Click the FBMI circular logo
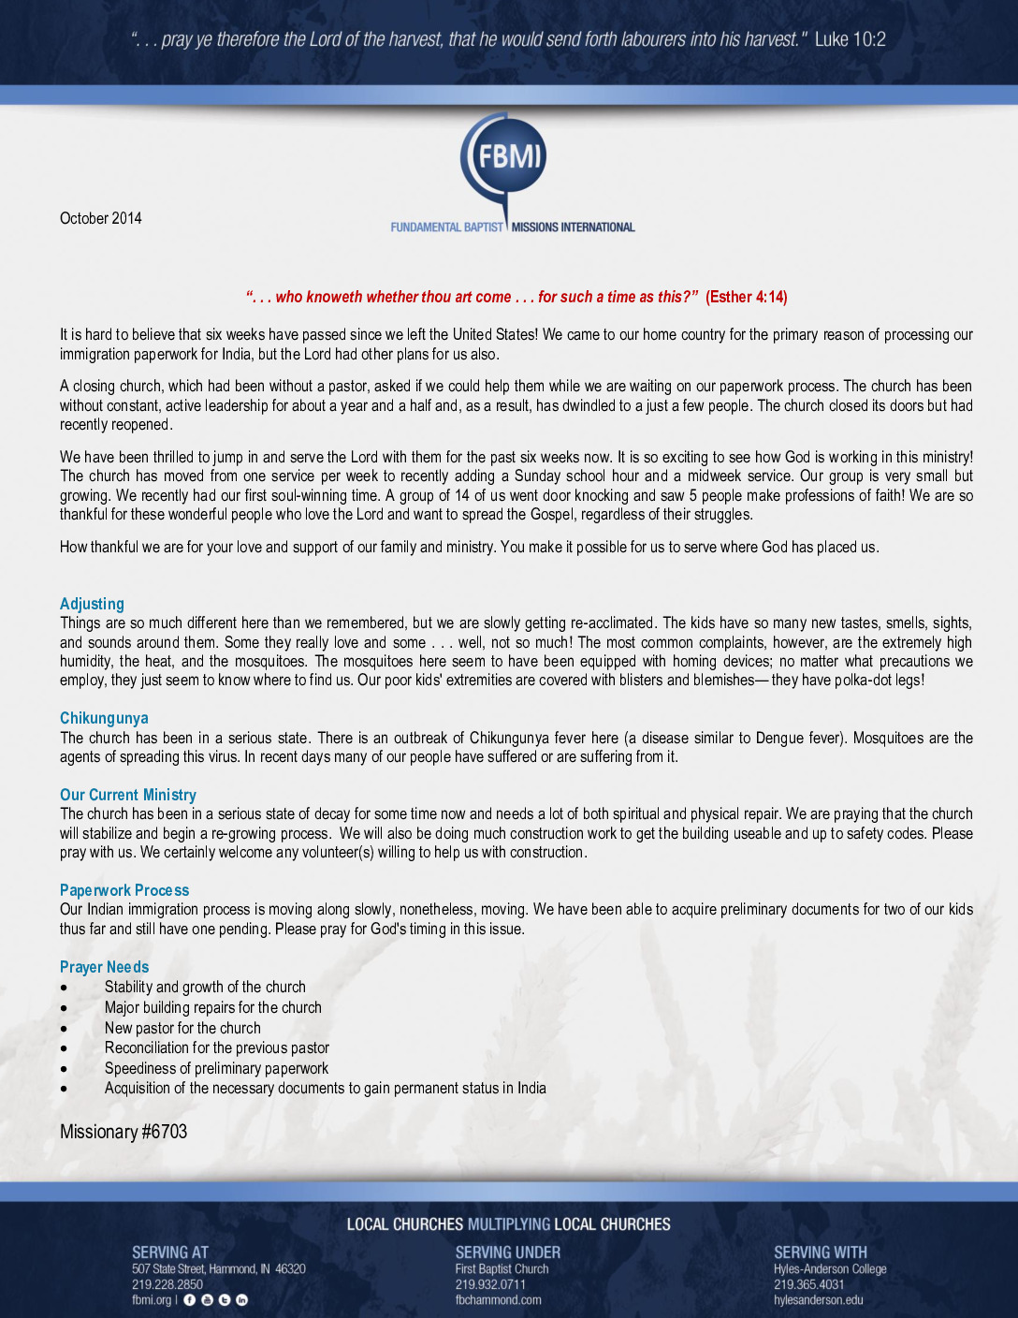pos(503,155)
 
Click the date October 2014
pos(101,218)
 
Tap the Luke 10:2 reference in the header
pos(850,39)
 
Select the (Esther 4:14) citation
pos(746,297)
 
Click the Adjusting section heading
pos(92,604)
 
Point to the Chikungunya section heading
pos(104,718)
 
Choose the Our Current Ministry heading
pos(128,795)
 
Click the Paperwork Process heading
pos(124,890)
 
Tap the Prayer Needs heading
pos(104,967)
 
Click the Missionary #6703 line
pos(124,1132)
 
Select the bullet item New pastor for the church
pos(182,1028)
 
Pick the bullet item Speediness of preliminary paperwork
pos(216,1068)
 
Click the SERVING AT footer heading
pos(170,1252)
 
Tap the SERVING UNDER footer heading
pos(508,1252)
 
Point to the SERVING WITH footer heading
pos(821,1252)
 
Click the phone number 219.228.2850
pos(167,1284)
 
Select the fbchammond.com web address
pos(499,1299)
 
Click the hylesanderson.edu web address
pos(819,1299)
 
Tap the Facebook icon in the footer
pos(190,1300)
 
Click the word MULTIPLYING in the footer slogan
pos(509,1224)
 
